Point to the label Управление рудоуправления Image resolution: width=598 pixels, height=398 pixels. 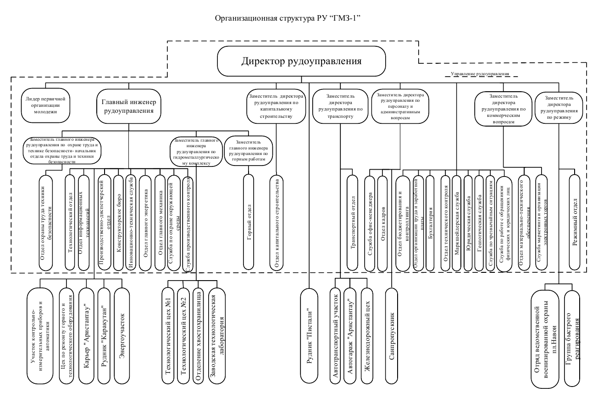click(480, 74)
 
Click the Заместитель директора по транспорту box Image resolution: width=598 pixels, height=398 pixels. click(340, 106)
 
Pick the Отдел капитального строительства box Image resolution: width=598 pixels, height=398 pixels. click(277, 222)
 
